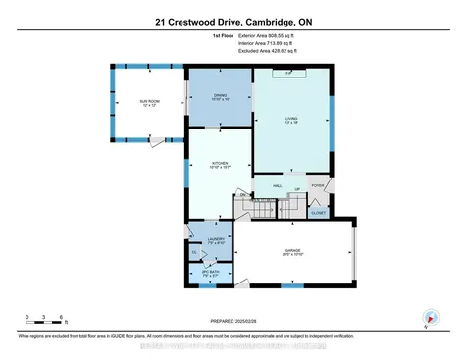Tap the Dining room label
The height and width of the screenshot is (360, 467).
point(220,95)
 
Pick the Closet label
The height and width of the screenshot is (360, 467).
point(318,211)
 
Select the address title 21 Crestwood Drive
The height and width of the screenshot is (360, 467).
point(233,19)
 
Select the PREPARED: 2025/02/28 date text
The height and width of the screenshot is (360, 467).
point(233,321)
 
